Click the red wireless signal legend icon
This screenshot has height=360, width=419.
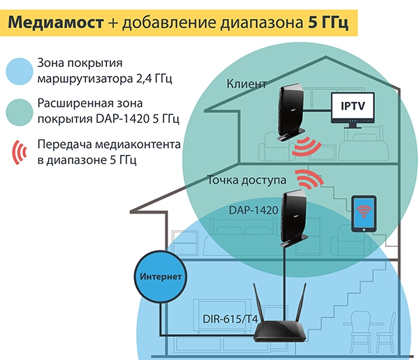click(19, 151)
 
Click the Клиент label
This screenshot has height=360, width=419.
click(247, 84)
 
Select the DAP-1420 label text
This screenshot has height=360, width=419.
click(253, 209)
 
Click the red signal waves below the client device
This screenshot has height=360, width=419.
click(305, 146)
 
